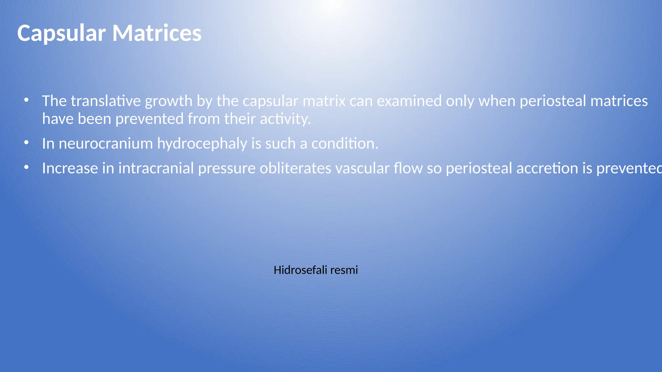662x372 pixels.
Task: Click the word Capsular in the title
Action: pyautogui.click(x=61, y=33)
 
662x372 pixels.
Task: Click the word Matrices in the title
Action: pyautogui.click(x=157, y=33)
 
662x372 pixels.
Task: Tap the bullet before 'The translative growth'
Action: pyautogui.click(x=27, y=100)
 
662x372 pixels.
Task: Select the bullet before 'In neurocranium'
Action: pyautogui.click(x=27, y=142)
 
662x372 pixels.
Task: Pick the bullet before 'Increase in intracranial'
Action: pyautogui.click(x=27, y=167)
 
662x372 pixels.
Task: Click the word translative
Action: pyautogui.click(x=106, y=101)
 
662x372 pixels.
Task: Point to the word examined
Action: pyautogui.click(x=409, y=101)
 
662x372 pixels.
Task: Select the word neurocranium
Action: pyautogui.click(x=106, y=144)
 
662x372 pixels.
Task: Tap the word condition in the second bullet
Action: pyautogui.click(x=344, y=144)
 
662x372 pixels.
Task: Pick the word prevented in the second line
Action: pyautogui.click(x=150, y=119)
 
